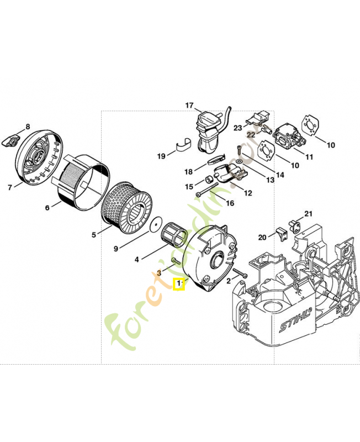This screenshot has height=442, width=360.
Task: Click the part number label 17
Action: (189, 106)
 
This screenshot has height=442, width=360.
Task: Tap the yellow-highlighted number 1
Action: (178, 285)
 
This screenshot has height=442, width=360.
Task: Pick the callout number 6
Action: (47, 208)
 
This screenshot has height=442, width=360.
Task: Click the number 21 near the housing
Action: (308, 214)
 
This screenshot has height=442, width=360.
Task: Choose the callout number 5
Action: (94, 235)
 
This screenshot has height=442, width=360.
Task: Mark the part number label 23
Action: (237, 128)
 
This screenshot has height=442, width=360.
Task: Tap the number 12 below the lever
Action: (247, 193)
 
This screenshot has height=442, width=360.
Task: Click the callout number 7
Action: (10, 187)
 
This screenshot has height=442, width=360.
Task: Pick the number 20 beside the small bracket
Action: (262, 237)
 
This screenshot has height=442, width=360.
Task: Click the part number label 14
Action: (280, 175)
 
